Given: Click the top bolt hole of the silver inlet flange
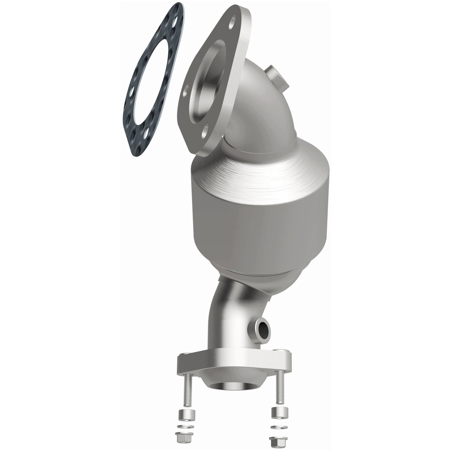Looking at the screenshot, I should [x=232, y=21].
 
